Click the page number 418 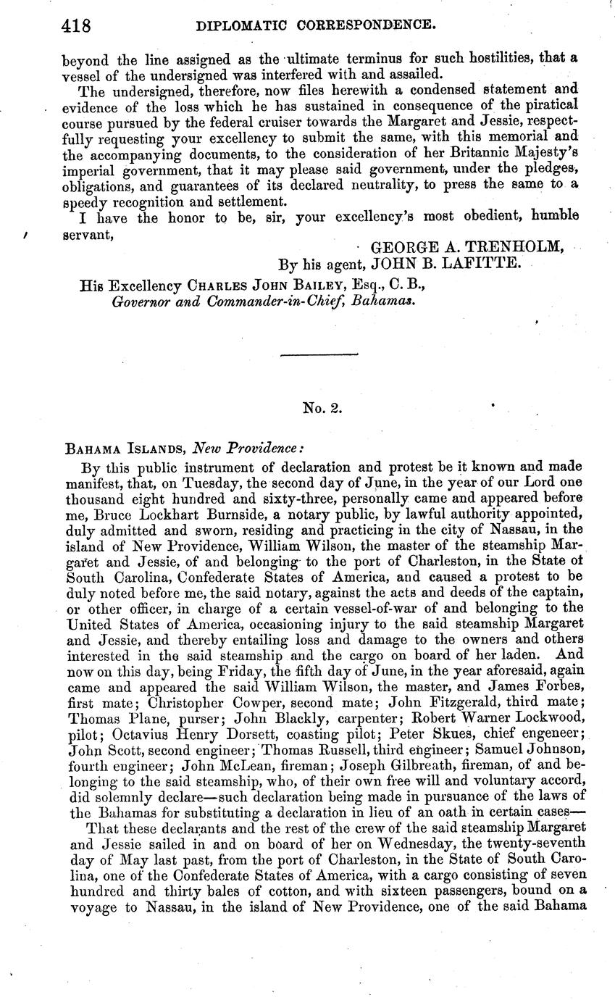pyautogui.click(x=75, y=27)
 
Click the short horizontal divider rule pyautogui.click(x=319, y=354)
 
